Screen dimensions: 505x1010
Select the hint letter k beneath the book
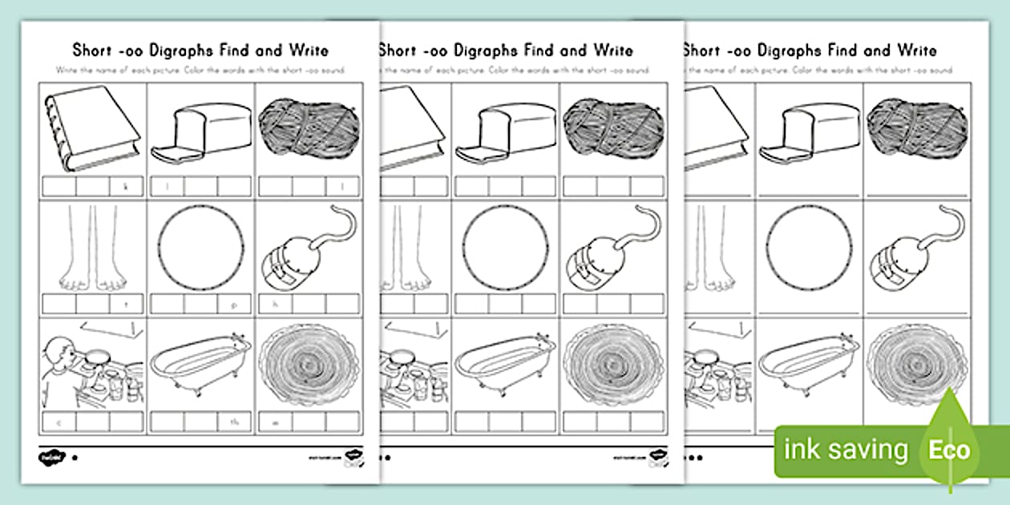(126, 187)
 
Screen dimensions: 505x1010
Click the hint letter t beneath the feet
(126, 305)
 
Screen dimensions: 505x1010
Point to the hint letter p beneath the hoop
(233, 305)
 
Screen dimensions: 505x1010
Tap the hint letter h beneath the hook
(275, 305)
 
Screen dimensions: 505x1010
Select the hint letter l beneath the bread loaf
(167, 187)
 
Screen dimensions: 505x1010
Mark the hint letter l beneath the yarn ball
(342, 187)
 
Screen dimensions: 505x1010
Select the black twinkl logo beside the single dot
(51, 458)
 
